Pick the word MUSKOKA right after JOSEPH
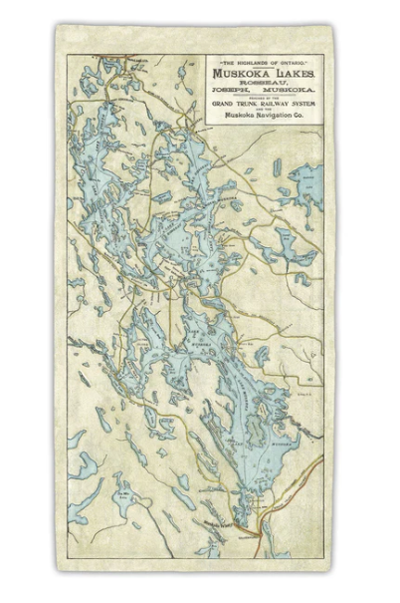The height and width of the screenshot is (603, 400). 289,90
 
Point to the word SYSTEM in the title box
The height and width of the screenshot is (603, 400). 307,105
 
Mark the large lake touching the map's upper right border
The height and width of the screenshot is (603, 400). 306,184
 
